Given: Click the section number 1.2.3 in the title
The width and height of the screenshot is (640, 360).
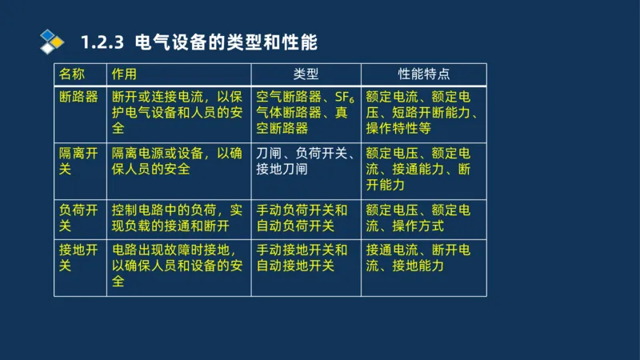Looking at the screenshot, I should pos(103,41).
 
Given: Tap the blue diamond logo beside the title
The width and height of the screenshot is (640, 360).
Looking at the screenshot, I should pos(53,39).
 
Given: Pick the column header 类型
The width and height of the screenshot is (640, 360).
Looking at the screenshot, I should pos(306,74).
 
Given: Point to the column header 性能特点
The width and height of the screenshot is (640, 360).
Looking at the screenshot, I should pos(424,74).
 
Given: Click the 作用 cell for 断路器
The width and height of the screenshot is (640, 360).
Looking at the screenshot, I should pos(178,113).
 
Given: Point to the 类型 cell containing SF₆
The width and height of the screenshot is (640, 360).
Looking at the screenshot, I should pos(305,113).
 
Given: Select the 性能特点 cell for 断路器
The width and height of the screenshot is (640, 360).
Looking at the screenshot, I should pos(423,113).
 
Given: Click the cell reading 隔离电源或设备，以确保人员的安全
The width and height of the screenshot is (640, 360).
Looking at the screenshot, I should pos(178,161).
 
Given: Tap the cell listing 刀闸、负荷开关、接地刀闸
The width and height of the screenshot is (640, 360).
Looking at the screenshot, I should pos(305,161).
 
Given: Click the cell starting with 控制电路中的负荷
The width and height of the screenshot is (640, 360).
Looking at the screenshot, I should pos(178,218).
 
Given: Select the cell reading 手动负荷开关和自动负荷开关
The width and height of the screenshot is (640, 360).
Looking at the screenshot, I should pos(305,218).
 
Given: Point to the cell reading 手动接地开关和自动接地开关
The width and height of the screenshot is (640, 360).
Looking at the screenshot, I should pos(305,258).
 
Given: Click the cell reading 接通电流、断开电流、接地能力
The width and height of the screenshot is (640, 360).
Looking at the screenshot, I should pos(423,258).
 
